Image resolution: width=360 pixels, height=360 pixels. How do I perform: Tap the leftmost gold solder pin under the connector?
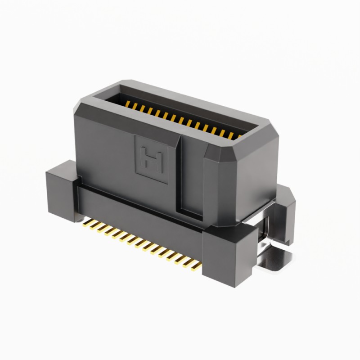86,224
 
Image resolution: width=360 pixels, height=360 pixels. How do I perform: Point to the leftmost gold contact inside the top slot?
128,104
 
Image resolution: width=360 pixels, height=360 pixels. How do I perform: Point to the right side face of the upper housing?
256,180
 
